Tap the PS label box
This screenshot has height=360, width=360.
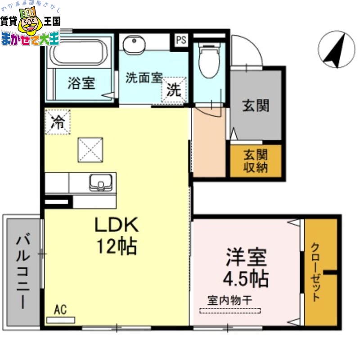point(181,40)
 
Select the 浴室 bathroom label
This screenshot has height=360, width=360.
point(81,84)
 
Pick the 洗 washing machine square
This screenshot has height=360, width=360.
point(174,90)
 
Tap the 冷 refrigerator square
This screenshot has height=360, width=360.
point(58,122)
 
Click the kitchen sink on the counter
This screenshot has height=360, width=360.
point(101,183)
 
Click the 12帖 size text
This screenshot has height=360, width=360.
point(116,246)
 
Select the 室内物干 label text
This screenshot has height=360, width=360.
point(229,299)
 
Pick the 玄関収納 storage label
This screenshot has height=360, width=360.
point(256,161)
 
